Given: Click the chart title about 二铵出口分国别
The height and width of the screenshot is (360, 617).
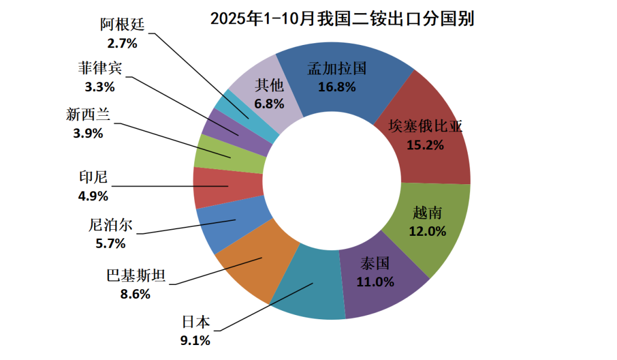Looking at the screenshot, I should [x=342, y=19].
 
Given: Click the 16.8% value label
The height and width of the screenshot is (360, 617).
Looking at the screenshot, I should [x=337, y=87].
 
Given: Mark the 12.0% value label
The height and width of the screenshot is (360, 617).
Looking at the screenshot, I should [x=428, y=231].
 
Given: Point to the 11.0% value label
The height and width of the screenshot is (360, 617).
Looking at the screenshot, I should [x=376, y=281].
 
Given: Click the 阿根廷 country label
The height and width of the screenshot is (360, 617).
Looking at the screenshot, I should [x=122, y=25].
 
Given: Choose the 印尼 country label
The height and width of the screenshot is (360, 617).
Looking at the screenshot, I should [x=94, y=178].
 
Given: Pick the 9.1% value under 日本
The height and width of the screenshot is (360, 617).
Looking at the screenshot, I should [x=195, y=341].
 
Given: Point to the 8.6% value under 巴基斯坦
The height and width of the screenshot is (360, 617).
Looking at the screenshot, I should [x=135, y=294].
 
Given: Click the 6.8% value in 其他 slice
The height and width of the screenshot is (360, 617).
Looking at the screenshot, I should [x=269, y=103].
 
